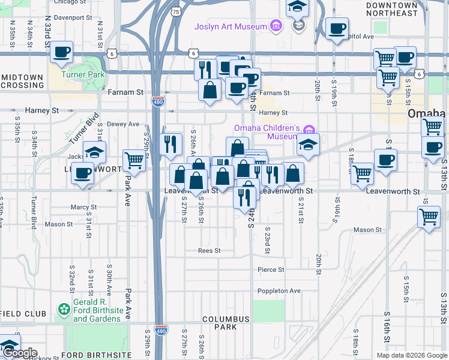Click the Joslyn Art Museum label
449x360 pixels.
coord(231,27)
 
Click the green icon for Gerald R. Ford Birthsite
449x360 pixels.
coord(64,309)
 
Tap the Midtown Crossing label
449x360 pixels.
coord(22,81)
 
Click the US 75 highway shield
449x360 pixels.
coord(175,11)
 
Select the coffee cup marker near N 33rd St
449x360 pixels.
coord(61,53)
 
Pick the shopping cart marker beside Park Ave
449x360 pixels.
coord(134,160)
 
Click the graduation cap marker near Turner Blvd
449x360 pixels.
coord(94,152)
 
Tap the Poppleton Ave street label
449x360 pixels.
coord(279,291)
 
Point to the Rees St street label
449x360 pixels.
coord(209,251)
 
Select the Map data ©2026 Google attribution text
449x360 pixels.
coord(411,355)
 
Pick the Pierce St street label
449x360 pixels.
coord(271,270)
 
